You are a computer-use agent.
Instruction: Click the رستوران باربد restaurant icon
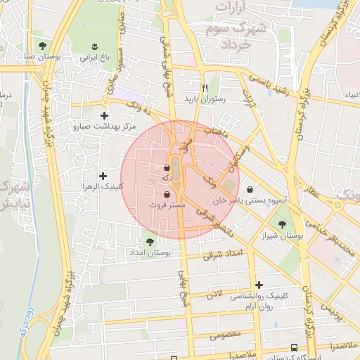(x=205, y=88)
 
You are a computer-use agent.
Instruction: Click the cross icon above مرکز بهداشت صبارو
(x=105, y=115)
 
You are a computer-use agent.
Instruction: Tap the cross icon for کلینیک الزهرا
(x=103, y=175)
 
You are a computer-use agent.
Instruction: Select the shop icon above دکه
(x=167, y=168)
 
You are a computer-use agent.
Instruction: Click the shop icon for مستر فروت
(x=167, y=194)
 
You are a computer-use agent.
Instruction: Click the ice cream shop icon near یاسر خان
(x=252, y=189)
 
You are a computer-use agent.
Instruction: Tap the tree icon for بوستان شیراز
(x=282, y=224)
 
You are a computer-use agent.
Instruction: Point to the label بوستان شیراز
(x=281, y=236)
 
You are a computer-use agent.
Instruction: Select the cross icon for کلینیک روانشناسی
(x=259, y=285)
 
